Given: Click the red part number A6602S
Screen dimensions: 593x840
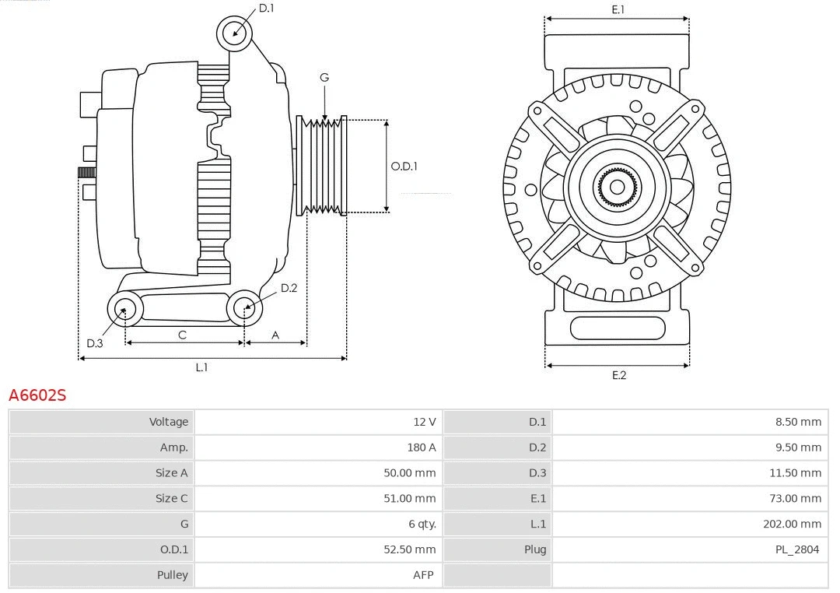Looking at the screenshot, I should pos(37,395).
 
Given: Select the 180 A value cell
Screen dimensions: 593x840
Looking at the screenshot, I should pos(421,447).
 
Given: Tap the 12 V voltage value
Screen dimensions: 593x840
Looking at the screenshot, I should pos(424,422).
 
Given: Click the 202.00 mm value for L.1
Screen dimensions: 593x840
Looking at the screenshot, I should pos(792,524).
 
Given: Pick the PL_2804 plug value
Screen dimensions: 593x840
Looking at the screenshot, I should pos(796,549).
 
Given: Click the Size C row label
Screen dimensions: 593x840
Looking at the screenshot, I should pos(171,498).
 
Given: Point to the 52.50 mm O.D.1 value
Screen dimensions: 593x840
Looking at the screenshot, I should pos(409,549).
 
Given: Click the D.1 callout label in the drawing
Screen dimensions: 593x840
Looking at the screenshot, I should pos(266,8).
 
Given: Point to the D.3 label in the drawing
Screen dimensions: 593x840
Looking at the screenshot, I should pos(95,343).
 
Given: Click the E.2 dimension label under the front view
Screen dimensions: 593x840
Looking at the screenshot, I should pos(618,375).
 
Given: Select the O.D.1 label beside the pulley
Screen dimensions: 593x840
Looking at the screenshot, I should pos(404,166).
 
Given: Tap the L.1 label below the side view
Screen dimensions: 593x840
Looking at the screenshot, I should pos(201,367).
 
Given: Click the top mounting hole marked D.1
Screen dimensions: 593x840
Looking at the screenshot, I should pos(234,33).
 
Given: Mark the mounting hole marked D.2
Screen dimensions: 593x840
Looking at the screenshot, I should pos(244,308).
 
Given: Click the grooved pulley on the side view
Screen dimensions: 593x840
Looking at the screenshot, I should pos(321,165).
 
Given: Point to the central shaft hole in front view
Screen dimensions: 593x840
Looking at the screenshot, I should pos(617,187).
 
